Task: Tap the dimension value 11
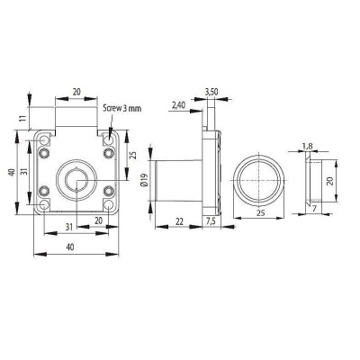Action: (x=19, y=117)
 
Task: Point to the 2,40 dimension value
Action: (x=178, y=105)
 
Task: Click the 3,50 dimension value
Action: (x=211, y=92)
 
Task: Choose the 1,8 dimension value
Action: (x=306, y=145)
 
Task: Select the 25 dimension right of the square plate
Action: (x=132, y=155)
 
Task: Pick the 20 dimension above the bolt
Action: (x=76, y=92)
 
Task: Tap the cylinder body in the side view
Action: (x=175, y=178)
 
